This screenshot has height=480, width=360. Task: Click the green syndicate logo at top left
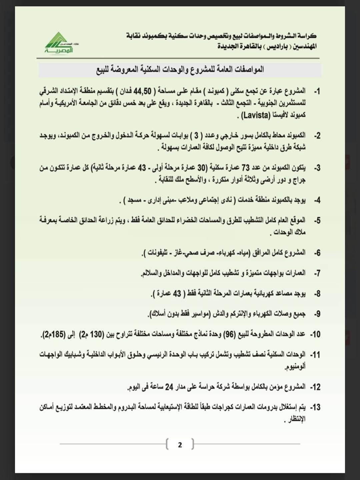point(59,43)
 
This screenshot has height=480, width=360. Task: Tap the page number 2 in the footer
point(180,445)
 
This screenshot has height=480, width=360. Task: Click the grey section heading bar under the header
point(180,70)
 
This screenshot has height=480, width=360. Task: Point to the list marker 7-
point(317,273)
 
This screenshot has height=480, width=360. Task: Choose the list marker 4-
point(317,200)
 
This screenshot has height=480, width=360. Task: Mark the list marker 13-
point(315,407)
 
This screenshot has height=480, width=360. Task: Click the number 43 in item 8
point(177,293)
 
